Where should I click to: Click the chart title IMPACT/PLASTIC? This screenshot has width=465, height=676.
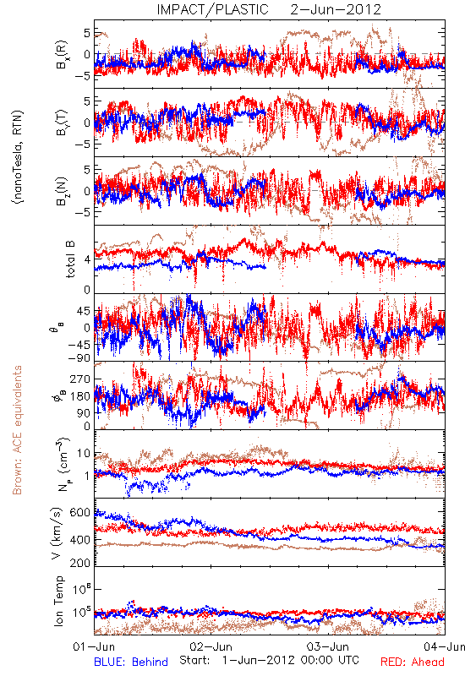[x=212, y=9]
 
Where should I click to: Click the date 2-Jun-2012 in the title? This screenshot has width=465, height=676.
[x=336, y=9]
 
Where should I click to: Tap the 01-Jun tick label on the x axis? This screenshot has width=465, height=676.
[x=94, y=646]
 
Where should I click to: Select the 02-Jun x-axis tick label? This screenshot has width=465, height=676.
[x=211, y=646]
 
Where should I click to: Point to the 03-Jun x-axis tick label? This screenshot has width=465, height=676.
[x=328, y=646]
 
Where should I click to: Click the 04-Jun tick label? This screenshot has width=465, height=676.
[x=445, y=646]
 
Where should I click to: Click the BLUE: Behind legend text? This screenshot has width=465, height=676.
[x=131, y=662]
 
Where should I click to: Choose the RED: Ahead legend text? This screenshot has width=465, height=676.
[x=412, y=662]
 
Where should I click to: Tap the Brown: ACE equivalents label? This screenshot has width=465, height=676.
[x=17, y=430]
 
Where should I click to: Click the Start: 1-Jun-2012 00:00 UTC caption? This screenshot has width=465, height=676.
[x=269, y=660]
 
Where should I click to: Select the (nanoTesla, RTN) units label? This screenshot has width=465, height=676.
[x=18, y=157]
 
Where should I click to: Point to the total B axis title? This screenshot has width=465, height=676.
[x=70, y=259]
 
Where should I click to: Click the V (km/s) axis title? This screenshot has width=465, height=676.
[x=57, y=534]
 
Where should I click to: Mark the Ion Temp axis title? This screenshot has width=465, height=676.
[x=58, y=601]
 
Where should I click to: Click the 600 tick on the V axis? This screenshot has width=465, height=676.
[x=80, y=513]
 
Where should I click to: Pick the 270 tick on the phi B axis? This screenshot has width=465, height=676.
[x=80, y=379]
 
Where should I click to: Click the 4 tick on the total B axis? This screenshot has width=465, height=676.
[x=88, y=260]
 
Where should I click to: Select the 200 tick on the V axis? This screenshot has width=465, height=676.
[x=80, y=563]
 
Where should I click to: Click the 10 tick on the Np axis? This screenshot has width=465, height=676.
[x=84, y=454]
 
